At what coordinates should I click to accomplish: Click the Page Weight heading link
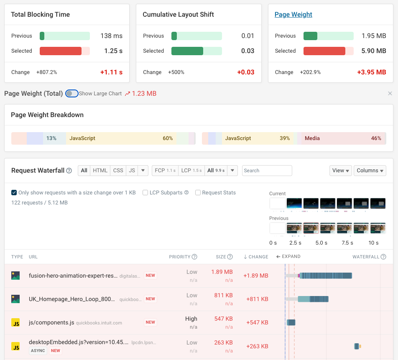point(293,15)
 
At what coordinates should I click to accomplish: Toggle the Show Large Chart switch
point(72,94)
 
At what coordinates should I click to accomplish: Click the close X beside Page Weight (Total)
point(390,94)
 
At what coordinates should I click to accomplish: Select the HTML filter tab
point(100,171)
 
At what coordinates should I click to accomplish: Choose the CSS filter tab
point(118,171)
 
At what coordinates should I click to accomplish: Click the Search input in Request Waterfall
point(267,171)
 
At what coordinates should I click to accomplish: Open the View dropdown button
point(340,171)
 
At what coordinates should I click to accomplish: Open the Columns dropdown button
point(370,171)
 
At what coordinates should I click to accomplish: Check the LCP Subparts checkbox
point(145,193)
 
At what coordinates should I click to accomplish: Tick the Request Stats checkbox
point(198,193)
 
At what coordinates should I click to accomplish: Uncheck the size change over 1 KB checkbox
point(14,193)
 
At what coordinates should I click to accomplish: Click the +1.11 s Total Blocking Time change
point(111,72)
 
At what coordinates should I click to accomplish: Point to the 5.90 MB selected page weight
point(374,51)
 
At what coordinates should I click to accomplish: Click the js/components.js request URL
point(51,322)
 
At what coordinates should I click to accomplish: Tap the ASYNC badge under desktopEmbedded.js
point(38,351)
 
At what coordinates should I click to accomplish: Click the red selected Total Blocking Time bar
point(61,51)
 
